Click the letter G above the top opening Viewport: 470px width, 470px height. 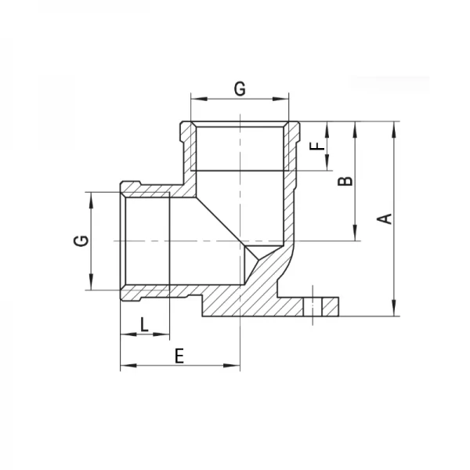point(240,89)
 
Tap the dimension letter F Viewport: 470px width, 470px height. point(315,146)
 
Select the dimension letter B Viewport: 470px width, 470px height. point(345,182)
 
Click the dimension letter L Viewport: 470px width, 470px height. point(144,324)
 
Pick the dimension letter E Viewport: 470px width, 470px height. point(179,356)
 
